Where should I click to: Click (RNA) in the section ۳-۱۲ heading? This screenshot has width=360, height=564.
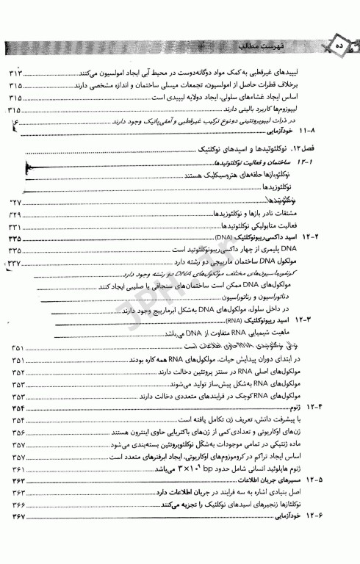pyautogui.click(x=234, y=321)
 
